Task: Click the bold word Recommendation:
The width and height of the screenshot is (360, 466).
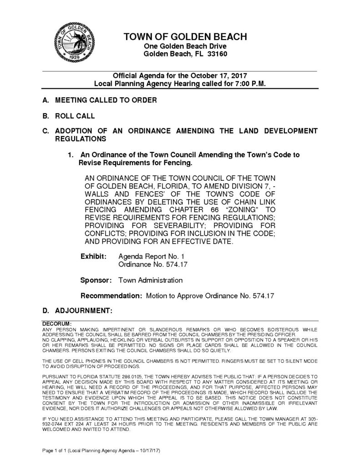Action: click(x=111, y=296)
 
